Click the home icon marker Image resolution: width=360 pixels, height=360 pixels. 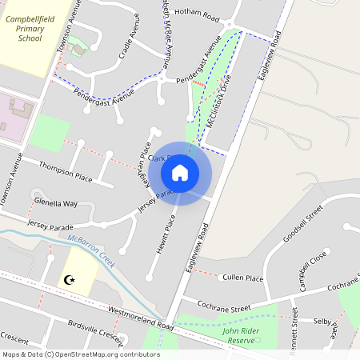[180, 173]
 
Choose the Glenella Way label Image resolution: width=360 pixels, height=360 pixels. [55, 204]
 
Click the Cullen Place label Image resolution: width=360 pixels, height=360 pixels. [243, 278]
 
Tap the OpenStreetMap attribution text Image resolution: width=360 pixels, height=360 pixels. [80, 354]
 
